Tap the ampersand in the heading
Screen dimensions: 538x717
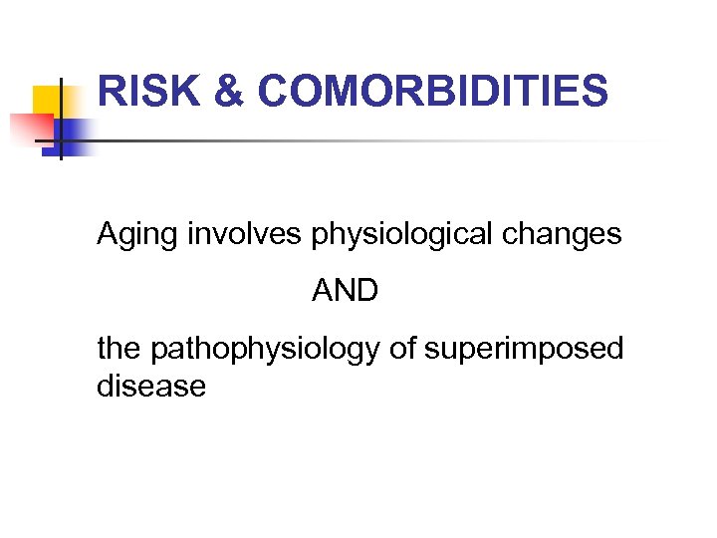(228, 93)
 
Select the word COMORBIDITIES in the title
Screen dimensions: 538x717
(431, 93)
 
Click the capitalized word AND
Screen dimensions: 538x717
(345, 292)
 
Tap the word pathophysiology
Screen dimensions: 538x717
(263, 350)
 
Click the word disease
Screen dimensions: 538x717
(151, 387)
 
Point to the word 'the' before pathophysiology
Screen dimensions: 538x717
(119, 349)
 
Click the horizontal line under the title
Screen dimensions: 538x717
(378, 140)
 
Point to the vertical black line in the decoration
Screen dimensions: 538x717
(61, 120)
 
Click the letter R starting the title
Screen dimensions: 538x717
(112, 93)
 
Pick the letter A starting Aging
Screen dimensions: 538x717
(107, 235)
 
